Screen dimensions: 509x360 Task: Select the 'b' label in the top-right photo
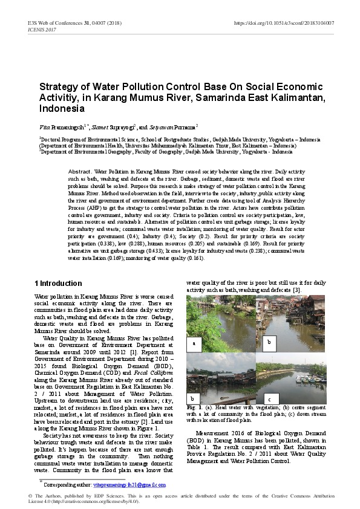[268, 342]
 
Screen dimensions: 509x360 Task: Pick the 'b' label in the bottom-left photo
[192, 398]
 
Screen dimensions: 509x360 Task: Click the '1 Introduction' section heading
[57, 284]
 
